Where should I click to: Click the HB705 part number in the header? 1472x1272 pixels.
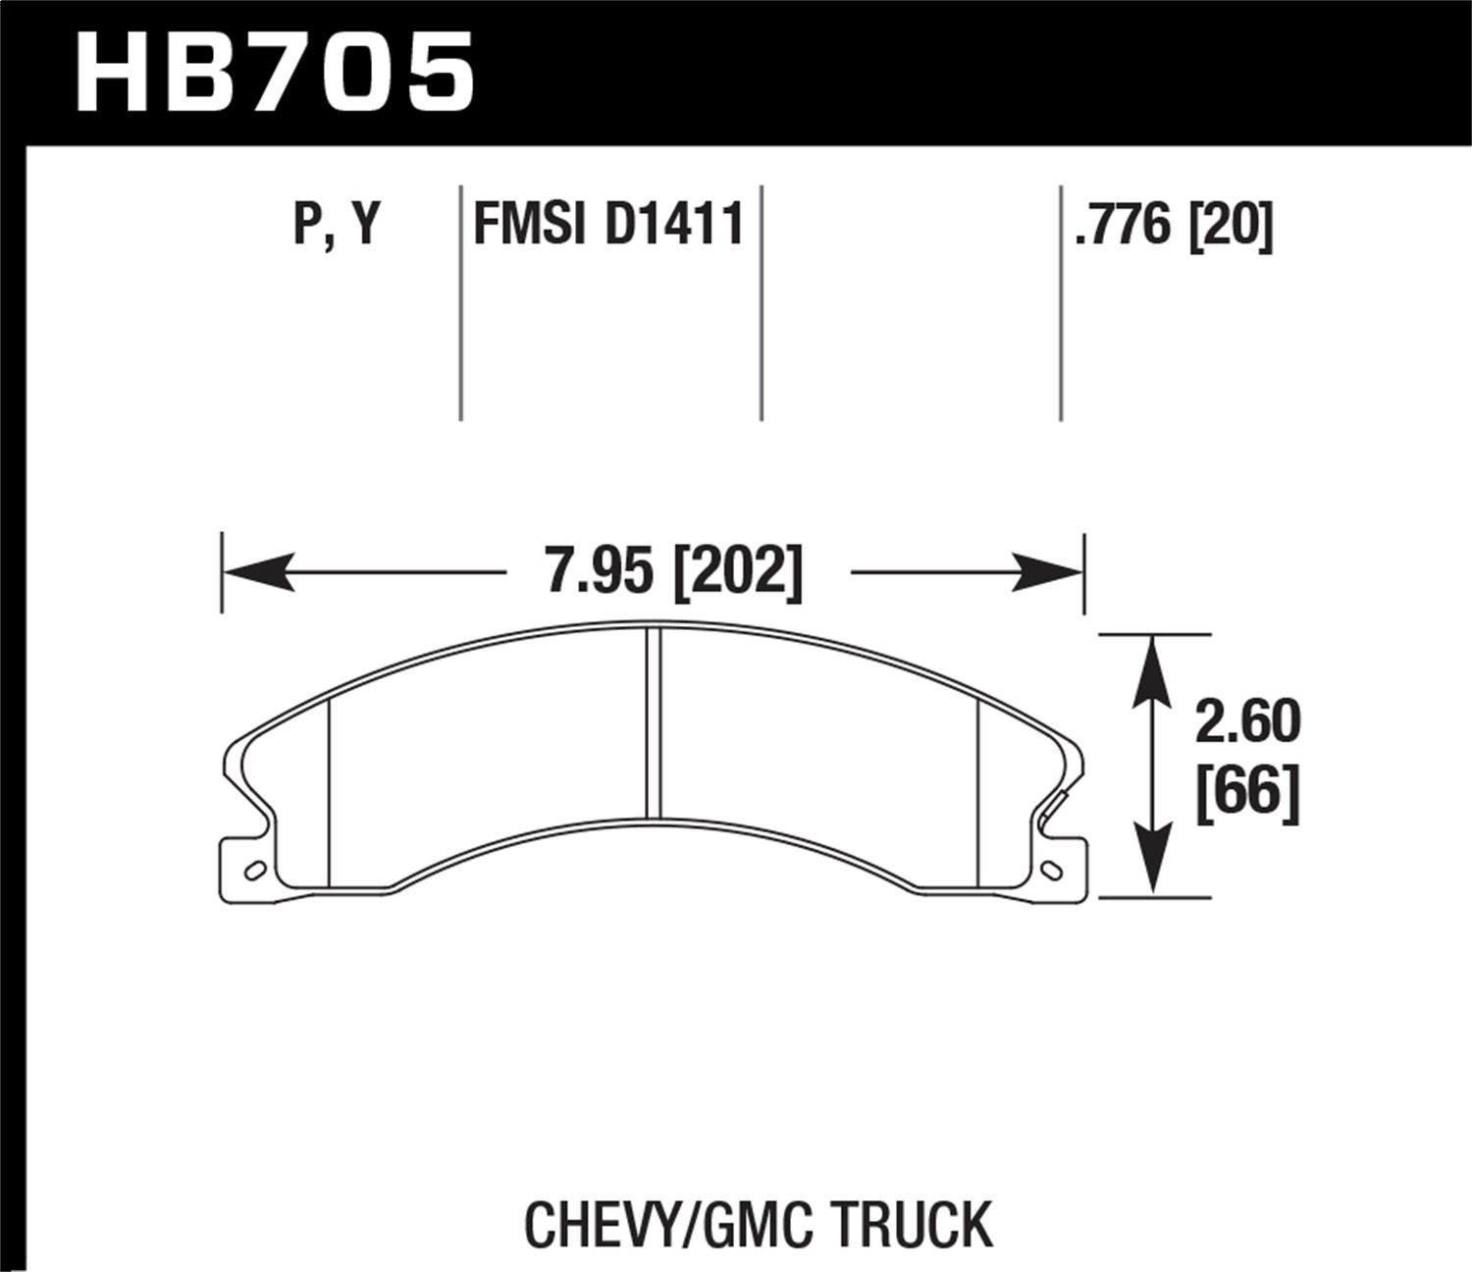(x=275, y=74)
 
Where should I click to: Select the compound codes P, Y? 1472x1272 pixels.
(x=336, y=226)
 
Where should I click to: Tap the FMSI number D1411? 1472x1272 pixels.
(x=675, y=226)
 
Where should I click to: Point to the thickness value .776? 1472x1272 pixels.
(x=1126, y=226)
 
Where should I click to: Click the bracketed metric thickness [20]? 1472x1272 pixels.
(x=1231, y=226)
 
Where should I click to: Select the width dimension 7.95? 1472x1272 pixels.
(x=600, y=570)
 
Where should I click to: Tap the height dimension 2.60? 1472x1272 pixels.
(x=1247, y=722)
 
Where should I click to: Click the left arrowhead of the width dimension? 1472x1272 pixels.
(x=259, y=571)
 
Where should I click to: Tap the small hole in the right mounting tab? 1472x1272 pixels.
(x=1054, y=870)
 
